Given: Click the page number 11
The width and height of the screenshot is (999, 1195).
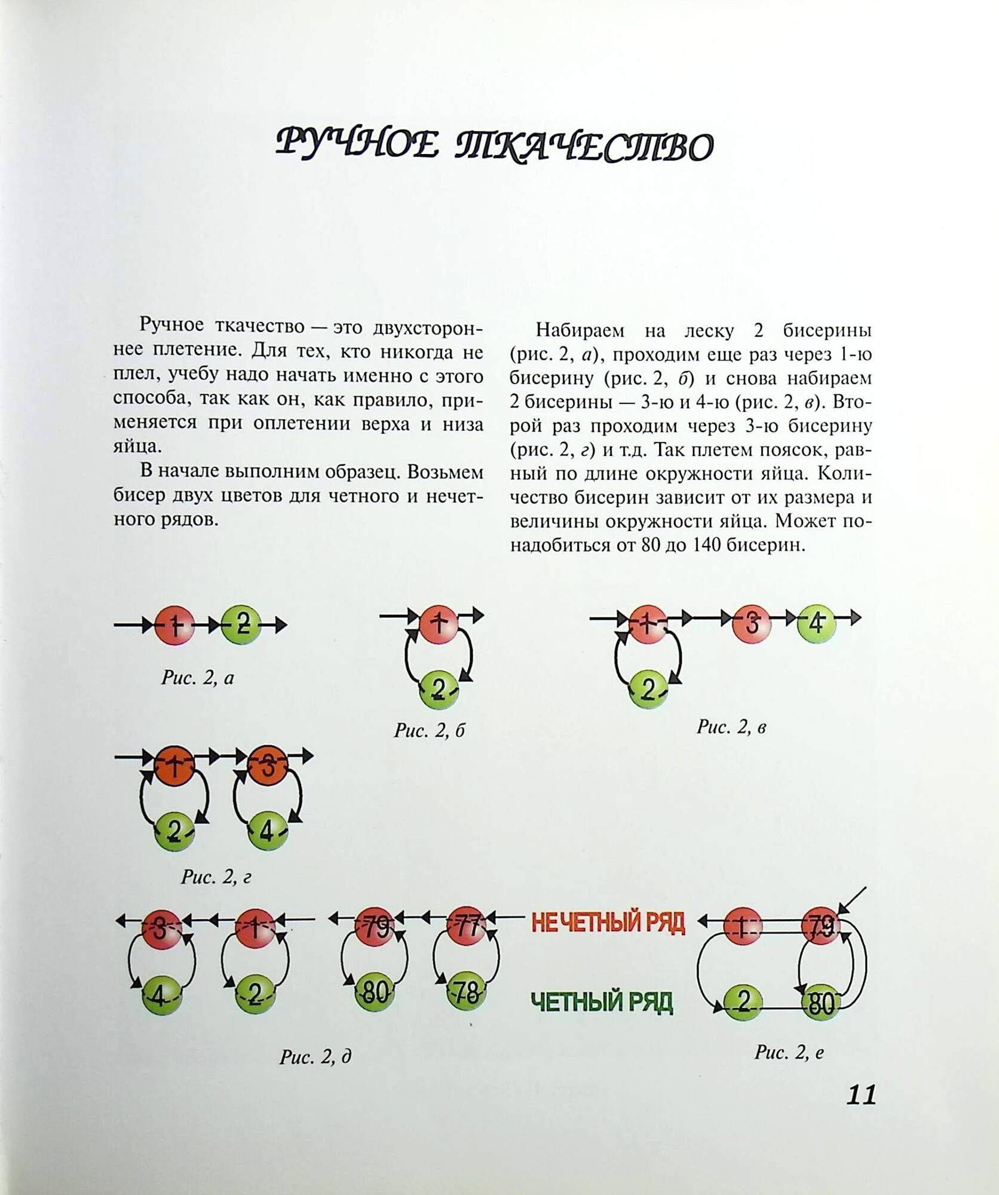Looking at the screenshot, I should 861,1095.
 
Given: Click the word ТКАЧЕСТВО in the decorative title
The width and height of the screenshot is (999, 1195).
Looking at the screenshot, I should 584,146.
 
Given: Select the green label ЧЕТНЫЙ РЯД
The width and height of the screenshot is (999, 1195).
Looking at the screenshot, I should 602,1002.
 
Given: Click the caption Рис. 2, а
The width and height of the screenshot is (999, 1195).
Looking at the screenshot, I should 198,678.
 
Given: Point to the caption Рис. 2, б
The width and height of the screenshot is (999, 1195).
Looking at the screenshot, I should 429,730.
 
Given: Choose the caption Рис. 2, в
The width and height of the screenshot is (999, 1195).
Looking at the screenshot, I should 731,727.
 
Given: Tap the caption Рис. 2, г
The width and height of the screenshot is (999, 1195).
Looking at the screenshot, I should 216,877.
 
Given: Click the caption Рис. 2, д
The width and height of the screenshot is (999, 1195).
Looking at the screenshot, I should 315,1057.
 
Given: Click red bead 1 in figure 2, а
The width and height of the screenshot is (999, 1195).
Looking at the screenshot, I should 174,626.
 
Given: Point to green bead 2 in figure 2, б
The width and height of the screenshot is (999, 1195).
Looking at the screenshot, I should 439,690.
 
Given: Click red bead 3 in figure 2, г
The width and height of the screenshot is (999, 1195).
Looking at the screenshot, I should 268,767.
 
